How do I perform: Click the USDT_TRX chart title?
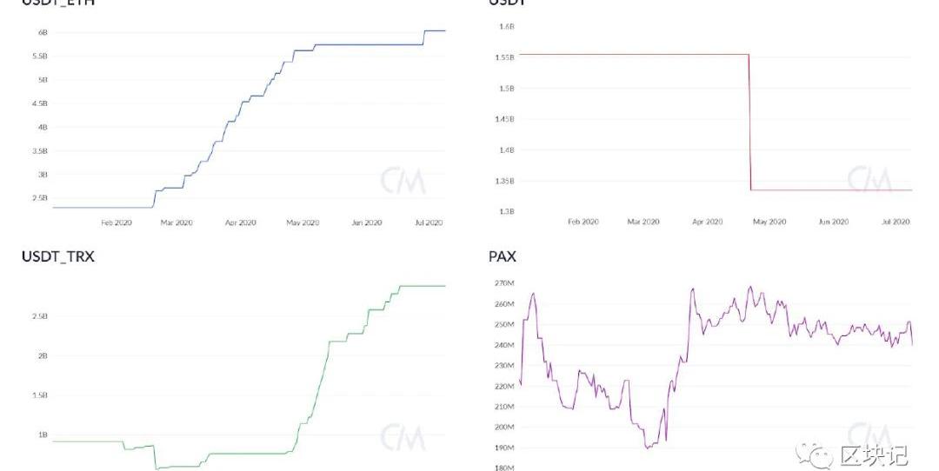(57, 256)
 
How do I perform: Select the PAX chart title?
(502, 256)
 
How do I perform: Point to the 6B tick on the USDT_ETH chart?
(42, 32)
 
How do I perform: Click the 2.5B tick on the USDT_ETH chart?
(39, 198)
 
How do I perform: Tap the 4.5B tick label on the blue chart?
(39, 103)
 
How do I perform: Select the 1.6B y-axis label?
(507, 27)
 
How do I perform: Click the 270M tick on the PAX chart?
(505, 283)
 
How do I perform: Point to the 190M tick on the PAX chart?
(505, 448)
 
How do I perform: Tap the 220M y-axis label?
(505, 386)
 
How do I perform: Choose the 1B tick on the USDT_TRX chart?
(42, 435)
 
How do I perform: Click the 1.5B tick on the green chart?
(39, 395)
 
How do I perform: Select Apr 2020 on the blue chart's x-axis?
(241, 222)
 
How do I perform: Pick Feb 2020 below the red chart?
(583, 222)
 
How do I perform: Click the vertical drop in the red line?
(749, 122)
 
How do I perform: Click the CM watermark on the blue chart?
(403, 181)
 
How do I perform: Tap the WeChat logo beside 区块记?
(818, 455)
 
